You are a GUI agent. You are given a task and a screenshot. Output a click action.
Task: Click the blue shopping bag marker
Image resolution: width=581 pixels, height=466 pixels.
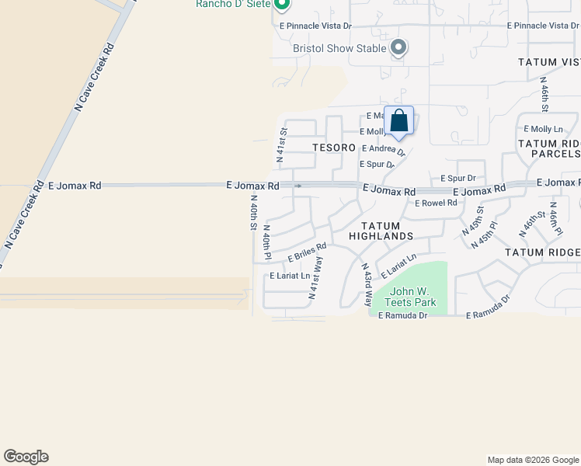(x=398, y=121)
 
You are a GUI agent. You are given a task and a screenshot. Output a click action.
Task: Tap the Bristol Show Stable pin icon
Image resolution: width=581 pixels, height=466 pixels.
(x=398, y=48)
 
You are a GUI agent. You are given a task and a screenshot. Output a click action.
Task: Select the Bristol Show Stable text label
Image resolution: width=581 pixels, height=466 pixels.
(x=339, y=48)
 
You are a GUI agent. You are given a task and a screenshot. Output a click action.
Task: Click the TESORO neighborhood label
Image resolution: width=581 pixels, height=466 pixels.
(x=334, y=147)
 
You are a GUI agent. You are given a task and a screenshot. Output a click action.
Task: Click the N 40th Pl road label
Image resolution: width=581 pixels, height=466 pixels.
(x=266, y=242)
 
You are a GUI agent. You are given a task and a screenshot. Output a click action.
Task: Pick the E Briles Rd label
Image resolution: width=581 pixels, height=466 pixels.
(x=308, y=252)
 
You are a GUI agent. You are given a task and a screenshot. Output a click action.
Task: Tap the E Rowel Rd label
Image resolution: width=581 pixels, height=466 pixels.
(x=436, y=203)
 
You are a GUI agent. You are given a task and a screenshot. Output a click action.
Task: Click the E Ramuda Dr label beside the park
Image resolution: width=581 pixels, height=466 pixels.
(x=403, y=315)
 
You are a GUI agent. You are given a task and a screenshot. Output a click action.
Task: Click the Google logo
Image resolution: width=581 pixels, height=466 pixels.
(x=26, y=457)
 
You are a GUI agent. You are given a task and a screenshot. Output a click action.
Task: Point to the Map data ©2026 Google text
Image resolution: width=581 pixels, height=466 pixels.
(x=532, y=460)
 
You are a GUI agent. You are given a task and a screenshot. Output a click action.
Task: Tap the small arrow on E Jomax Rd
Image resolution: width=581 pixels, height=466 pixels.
(x=298, y=186)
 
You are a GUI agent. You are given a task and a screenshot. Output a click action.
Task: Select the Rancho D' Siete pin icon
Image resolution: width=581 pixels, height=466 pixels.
(x=283, y=5)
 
